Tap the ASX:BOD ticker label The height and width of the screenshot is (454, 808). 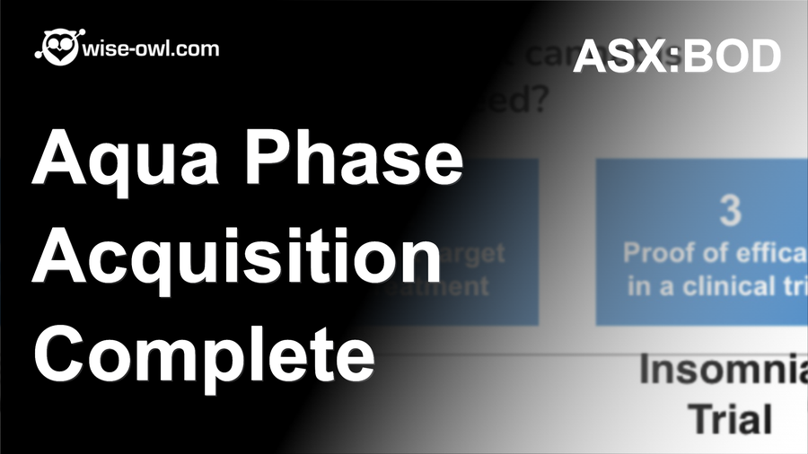coord(677,57)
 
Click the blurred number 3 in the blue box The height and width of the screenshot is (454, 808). coord(731,210)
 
